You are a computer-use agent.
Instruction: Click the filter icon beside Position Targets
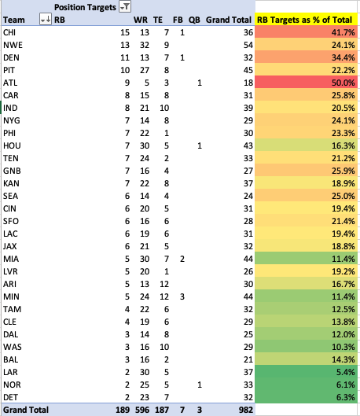point(125,7)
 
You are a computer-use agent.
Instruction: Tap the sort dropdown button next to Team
point(46,20)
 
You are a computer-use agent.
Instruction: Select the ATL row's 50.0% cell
point(306,83)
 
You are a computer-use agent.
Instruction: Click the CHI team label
point(9,32)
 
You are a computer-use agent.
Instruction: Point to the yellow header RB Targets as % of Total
point(305,20)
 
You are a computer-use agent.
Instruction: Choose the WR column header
point(141,20)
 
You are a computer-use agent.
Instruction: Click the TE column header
point(158,20)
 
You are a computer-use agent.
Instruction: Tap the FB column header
point(178,20)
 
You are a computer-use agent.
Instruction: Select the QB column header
point(194,20)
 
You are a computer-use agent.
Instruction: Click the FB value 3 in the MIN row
point(182,296)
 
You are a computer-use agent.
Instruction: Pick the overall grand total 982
point(246,410)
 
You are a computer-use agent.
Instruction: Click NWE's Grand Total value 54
point(248,45)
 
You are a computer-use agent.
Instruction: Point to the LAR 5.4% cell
point(306,372)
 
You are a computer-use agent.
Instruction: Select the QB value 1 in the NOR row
point(200,385)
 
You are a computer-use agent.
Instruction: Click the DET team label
point(10,397)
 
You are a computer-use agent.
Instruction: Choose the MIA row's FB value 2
point(182,259)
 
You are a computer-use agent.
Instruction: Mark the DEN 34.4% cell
point(306,57)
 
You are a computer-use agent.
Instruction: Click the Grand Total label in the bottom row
point(26,410)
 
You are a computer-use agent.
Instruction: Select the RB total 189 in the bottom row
point(123,410)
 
